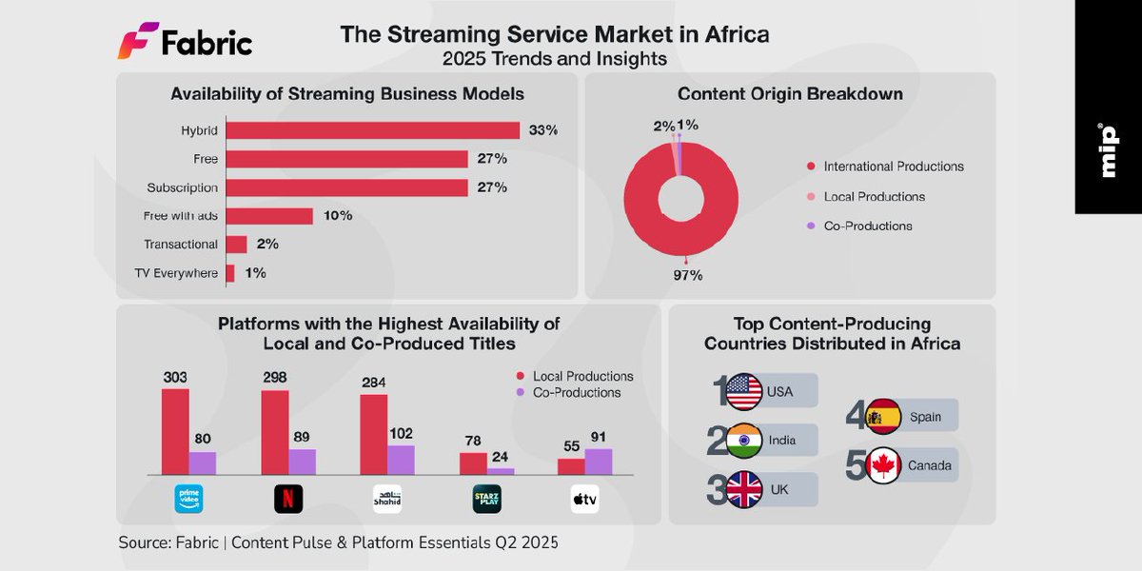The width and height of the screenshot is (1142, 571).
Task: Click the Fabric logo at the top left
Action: point(186,43)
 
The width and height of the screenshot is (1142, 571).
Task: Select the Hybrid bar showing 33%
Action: point(373,130)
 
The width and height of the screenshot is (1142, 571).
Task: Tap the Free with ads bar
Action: point(269,216)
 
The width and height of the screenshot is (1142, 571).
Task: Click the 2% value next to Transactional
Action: point(267,245)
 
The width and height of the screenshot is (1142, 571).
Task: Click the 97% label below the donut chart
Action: point(687,276)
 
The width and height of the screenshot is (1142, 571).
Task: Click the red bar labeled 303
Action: point(175,431)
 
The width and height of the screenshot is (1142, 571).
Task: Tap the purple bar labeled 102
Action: point(401,459)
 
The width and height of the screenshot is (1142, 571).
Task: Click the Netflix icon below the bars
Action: point(288,500)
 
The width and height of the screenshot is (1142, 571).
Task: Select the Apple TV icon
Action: point(584,500)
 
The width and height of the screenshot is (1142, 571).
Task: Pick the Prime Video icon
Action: point(189,500)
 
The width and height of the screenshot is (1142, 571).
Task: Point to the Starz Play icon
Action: point(486,500)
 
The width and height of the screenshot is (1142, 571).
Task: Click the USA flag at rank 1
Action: point(744,391)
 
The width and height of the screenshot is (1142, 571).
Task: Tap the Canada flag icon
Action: point(884,465)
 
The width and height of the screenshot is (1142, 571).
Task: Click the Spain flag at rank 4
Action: point(884,416)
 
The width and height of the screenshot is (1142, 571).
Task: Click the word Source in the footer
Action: point(143,543)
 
